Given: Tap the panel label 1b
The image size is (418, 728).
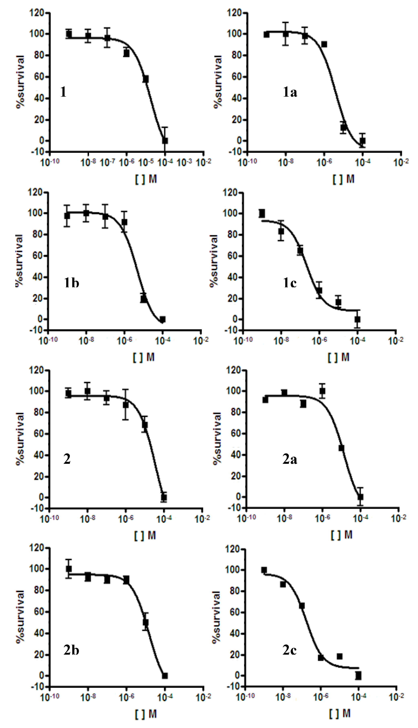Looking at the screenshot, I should pyautogui.click(x=71, y=283).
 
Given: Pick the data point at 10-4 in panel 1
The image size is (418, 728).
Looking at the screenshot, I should pyautogui.click(x=165, y=141).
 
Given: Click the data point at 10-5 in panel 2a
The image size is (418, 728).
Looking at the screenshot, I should pyautogui.click(x=341, y=448).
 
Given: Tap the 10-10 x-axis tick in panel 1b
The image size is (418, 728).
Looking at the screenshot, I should pyautogui.click(x=47, y=341).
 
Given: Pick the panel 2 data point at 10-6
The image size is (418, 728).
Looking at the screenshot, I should pyautogui.click(x=126, y=405).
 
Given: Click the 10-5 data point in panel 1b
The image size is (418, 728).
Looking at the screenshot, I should pyautogui.click(x=144, y=299).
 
